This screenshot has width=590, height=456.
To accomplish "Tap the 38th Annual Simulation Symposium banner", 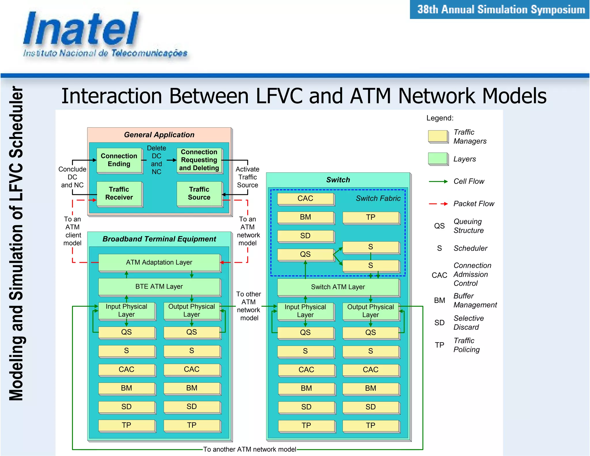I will (500, 10).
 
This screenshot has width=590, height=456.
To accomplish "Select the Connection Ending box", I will (119, 160).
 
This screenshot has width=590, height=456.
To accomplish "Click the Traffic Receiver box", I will (119, 193).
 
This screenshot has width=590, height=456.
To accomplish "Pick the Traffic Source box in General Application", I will (199, 193).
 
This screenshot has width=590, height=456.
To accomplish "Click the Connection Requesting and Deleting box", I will (199, 160).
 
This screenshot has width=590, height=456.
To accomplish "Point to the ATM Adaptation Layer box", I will (159, 262).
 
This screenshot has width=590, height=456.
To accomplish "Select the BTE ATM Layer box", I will (159, 287).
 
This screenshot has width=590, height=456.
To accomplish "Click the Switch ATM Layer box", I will (338, 287).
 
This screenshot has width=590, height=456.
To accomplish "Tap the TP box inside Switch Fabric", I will (371, 217).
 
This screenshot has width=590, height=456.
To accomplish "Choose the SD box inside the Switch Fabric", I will (305, 236).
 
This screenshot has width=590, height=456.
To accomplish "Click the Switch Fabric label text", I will (378, 198).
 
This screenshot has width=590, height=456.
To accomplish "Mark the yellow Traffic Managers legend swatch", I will (438, 136).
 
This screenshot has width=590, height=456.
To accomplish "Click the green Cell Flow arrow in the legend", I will (438, 182).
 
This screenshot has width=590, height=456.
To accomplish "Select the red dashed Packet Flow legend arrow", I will (438, 204).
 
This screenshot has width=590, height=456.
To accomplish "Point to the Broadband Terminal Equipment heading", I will (159, 239).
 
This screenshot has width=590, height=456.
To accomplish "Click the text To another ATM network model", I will (249, 449).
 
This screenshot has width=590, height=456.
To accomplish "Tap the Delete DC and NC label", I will (156, 160).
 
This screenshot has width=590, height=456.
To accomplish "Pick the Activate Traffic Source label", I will (247, 177).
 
